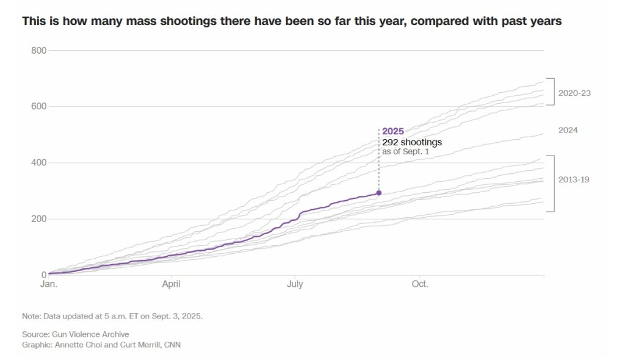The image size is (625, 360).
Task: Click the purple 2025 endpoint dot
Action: click(x=379, y=193)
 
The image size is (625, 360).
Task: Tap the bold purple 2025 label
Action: click(x=393, y=131)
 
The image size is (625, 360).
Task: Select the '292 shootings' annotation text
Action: click(x=412, y=142)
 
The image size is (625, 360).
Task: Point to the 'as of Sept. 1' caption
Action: click(x=406, y=151)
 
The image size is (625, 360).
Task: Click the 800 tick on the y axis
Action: click(x=38, y=50)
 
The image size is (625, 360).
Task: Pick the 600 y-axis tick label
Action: click(x=38, y=106)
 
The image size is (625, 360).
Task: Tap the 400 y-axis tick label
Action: click(x=38, y=162)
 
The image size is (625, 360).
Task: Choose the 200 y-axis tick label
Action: click(x=38, y=218)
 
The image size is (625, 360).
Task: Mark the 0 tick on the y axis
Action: click(x=43, y=275)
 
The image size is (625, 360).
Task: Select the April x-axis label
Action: click(x=171, y=284)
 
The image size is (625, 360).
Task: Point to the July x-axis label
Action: click(x=295, y=284)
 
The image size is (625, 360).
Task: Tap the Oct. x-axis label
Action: click(x=419, y=284)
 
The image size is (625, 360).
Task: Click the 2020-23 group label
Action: click(x=574, y=93)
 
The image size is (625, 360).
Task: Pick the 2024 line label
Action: click(x=568, y=130)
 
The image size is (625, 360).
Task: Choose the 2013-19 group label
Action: click(x=574, y=179)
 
